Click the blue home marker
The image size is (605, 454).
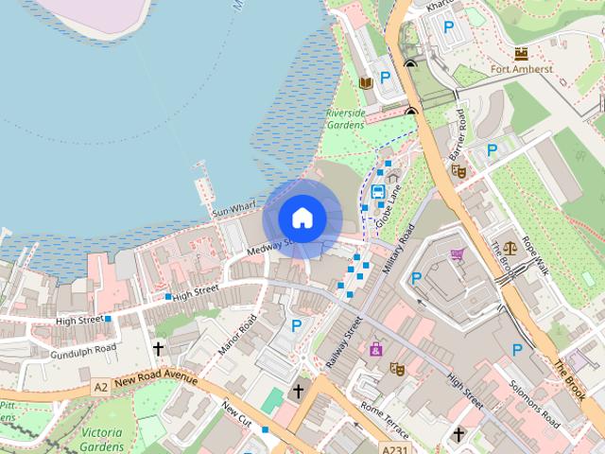[302, 218]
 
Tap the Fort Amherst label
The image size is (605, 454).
[521, 69]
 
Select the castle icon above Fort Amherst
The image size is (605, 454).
[521, 53]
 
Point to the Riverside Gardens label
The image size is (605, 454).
[345, 119]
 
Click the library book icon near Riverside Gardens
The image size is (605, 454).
[367, 83]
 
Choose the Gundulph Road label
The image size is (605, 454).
[83, 349]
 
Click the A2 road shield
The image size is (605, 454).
[101, 387]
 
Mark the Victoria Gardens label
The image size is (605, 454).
[101, 440]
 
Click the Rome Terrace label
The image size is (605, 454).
[383, 416]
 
